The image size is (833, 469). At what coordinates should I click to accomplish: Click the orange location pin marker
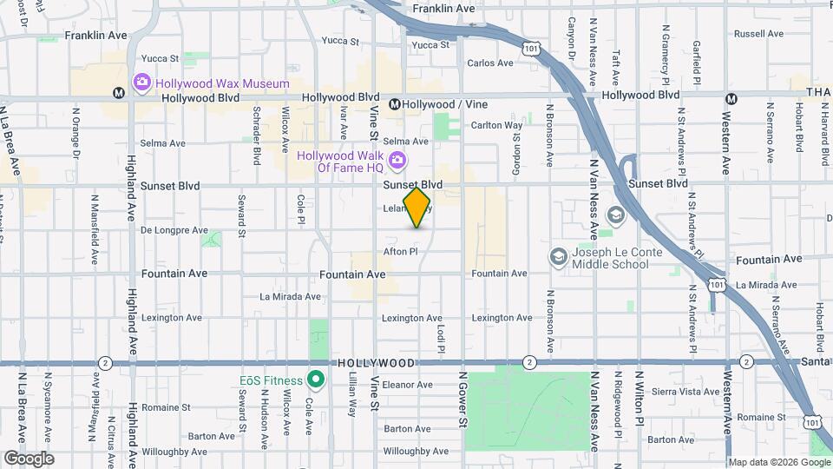click(x=416, y=208)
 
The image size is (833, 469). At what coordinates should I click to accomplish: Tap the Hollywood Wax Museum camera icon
click(x=141, y=83)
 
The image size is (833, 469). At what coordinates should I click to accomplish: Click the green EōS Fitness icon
click(x=316, y=380)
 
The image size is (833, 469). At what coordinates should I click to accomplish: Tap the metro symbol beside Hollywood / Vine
click(x=394, y=104)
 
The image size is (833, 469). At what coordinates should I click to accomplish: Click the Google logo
click(x=29, y=458)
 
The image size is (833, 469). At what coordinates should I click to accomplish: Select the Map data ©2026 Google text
click(x=777, y=462)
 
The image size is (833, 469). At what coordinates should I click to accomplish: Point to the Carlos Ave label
click(x=490, y=63)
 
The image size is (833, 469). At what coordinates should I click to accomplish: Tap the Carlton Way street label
click(x=496, y=125)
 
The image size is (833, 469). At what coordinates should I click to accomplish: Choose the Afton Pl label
click(x=401, y=252)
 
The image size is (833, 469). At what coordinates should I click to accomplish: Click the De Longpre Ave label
click(x=174, y=231)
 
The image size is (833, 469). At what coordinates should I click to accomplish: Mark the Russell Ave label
click(x=758, y=35)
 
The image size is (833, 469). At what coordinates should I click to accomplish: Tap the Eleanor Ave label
click(x=401, y=383)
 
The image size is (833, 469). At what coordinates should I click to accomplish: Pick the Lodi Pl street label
click(x=442, y=338)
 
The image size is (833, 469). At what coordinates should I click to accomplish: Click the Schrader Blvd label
click(x=257, y=137)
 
